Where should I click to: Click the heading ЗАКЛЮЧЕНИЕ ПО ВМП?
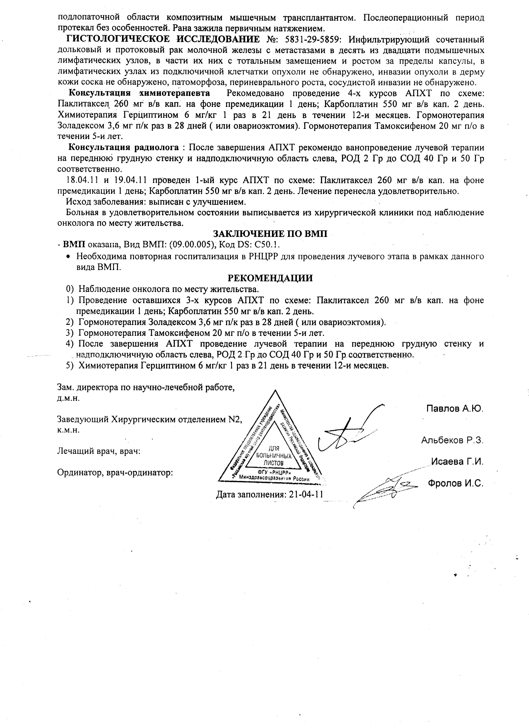tap(270, 233)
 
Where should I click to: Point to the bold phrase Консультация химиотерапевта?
tap(140, 93)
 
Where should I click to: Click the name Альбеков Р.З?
tap(452, 440)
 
